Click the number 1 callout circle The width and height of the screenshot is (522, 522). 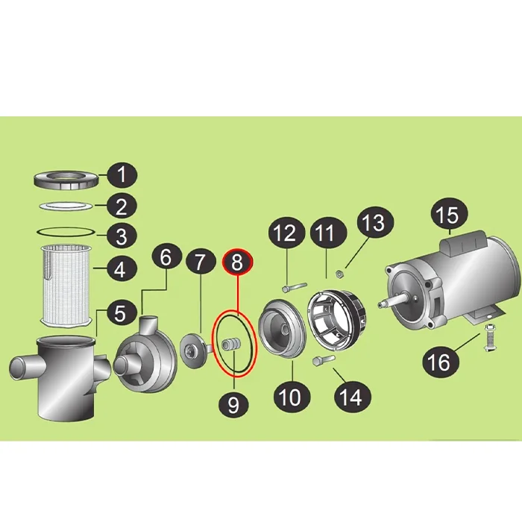[x=122, y=175]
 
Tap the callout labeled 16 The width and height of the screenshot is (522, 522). [x=441, y=362]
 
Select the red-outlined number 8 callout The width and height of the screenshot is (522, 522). [x=237, y=262]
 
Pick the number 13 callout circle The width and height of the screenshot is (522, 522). [x=375, y=223]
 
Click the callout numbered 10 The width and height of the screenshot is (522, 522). [x=292, y=397]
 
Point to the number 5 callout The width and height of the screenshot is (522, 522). [x=121, y=314]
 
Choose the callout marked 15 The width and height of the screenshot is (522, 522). [x=450, y=216]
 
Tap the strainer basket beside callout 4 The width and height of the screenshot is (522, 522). [x=66, y=286]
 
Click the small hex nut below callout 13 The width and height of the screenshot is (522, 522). [x=339, y=274]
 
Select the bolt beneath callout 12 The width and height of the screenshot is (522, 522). [x=294, y=287]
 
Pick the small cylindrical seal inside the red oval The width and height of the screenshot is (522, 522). [x=230, y=344]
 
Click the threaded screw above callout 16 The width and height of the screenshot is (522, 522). [x=488, y=337]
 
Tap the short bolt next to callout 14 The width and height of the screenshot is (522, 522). [x=324, y=360]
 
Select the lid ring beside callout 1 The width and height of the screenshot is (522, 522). [x=66, y=181]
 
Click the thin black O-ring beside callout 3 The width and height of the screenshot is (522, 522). [x=66, y=232]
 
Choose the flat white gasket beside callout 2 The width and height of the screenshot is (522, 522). [x=66, y=206]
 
